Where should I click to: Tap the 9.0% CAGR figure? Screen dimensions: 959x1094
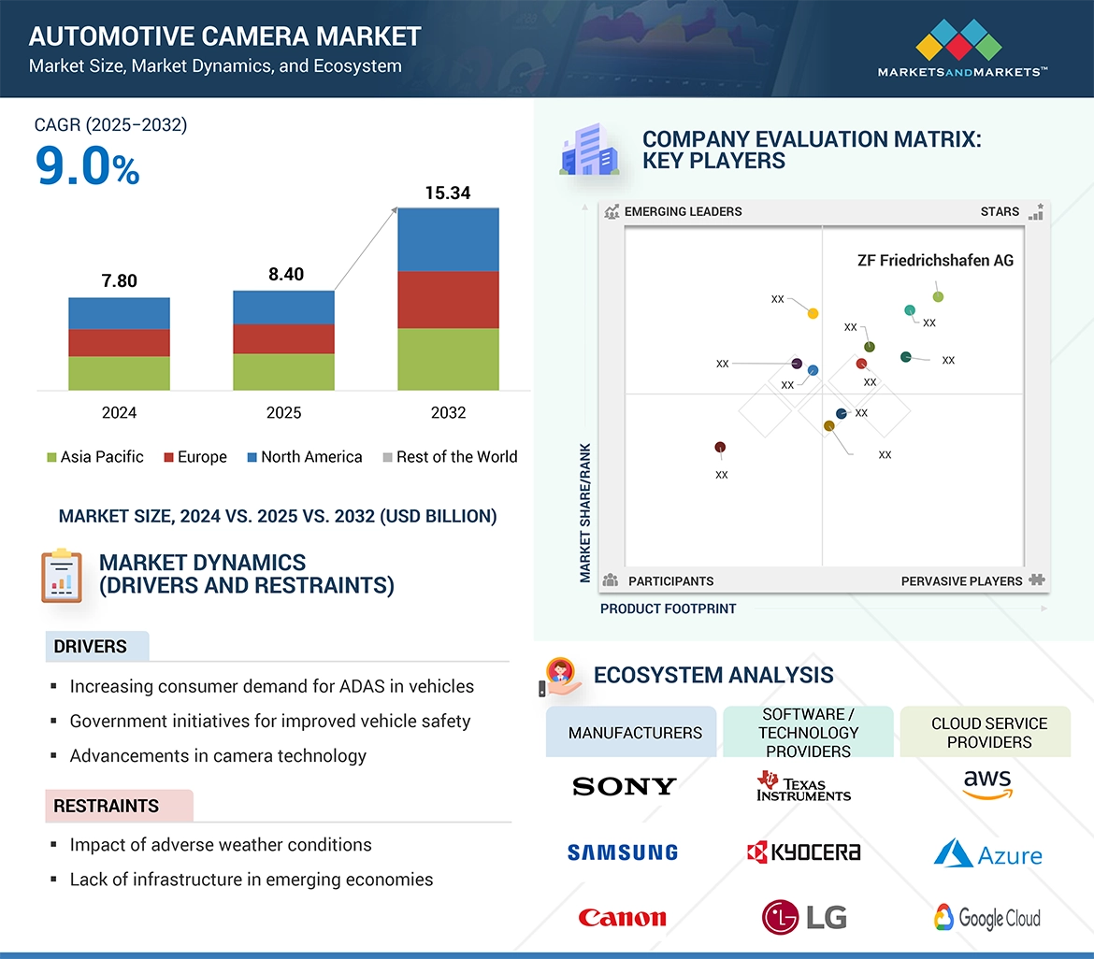pos(87,166)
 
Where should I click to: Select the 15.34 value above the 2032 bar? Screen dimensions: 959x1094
pos(448,193)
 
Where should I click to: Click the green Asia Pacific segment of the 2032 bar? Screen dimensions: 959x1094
pos(448,359)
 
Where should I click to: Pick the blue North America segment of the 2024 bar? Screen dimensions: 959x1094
pos(119,314)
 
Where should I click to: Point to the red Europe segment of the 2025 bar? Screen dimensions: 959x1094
pos(283,338)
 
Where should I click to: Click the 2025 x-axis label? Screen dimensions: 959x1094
pos(283,412)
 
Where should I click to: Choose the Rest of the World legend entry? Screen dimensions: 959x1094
pos(450,457)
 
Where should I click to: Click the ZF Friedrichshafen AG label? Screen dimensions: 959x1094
pos(935,261)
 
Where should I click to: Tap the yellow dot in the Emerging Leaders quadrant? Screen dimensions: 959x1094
pos(813,314)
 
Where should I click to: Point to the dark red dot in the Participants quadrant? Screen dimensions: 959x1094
pos(720,448)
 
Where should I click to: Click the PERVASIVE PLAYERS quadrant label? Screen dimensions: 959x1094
pos(961,581)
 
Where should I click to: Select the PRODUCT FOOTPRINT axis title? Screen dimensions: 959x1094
pos(668,608)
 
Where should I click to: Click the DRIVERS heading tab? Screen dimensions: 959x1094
pos(91,647)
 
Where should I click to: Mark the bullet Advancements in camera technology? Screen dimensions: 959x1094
pos(218,756)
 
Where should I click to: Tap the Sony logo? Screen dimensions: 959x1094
pos(624,787)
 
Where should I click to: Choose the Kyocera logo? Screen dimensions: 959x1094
pos(803,852)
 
